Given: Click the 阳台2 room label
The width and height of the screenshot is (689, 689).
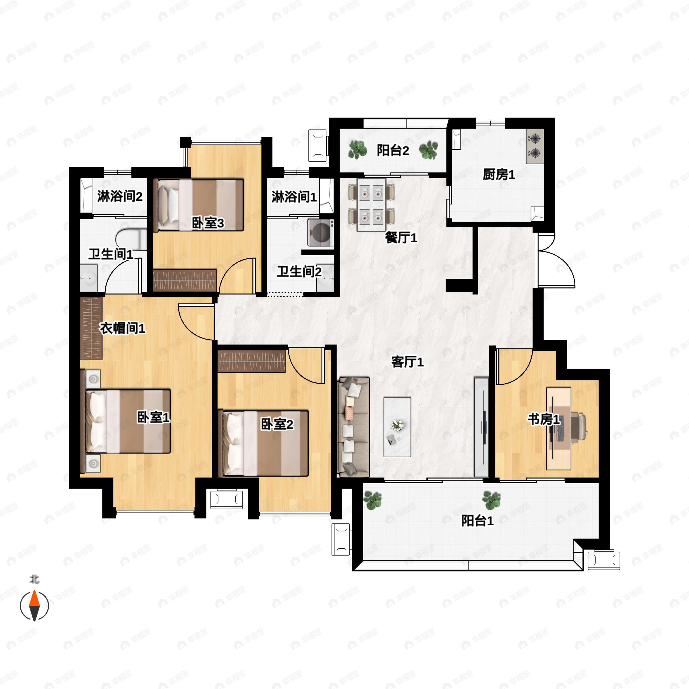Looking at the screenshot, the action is [x=393, y=150].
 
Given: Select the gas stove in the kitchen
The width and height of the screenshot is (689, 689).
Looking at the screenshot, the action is [x=535, y=146].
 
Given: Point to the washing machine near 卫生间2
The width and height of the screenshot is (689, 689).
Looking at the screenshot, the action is [x=321, y=233].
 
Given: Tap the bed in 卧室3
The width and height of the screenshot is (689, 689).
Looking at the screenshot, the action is [x=199, y=205].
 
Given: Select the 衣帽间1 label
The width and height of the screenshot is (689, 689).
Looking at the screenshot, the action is [x=122, y=328].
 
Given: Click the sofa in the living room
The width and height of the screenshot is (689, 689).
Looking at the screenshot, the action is [x=353, y=427].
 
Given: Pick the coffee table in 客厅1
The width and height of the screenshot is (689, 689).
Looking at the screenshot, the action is [x=397, y=427].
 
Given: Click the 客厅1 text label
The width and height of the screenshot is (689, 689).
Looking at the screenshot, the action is [x=407, y=362].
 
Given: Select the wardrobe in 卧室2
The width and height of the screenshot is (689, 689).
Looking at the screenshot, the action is [x=252, y=361].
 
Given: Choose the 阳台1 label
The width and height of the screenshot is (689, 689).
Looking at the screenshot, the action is [x=477, y=521].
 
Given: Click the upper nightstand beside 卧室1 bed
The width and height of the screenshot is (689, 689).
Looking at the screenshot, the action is [x=93, y=378].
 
